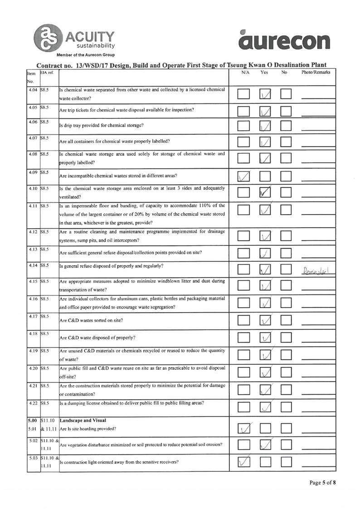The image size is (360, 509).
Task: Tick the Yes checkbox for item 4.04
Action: pos(265,94)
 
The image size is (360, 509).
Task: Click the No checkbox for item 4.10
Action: pos(286,193)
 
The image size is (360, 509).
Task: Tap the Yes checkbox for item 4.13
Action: pos(265,253)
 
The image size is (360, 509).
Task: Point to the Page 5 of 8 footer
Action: pos(322,482)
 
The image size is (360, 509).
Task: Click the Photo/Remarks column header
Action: pos(315,72)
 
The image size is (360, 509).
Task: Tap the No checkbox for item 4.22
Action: pos(286,408)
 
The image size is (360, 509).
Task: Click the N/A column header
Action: pos(245,72)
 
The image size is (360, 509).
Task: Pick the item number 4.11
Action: pos(32,206)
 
